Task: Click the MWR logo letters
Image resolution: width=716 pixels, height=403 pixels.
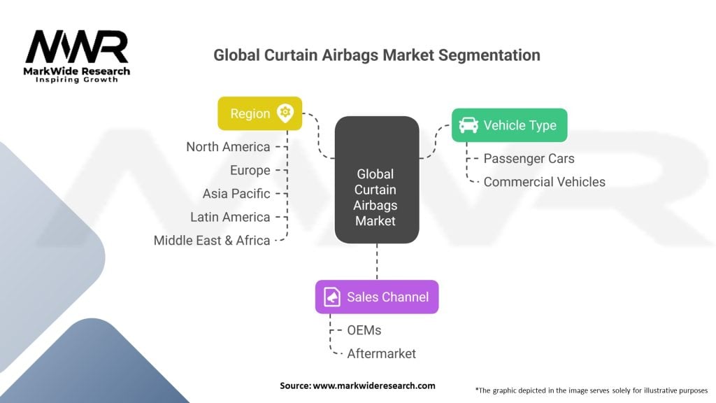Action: [77, 48]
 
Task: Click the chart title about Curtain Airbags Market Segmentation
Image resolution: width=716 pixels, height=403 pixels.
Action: [377, 55]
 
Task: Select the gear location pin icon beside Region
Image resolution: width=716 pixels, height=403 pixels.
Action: [285, 113]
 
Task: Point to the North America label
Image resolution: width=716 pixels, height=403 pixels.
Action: [228, 147]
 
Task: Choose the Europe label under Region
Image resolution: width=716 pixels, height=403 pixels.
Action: [250, 170]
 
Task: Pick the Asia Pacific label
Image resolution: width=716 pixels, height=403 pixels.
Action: [236, 194]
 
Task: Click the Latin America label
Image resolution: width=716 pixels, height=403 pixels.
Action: [230, 217]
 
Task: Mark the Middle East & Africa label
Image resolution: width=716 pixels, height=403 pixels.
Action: [212, 241]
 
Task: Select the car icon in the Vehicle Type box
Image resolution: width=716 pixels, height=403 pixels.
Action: [468, 125]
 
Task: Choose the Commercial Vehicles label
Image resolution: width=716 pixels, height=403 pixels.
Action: [544, 182]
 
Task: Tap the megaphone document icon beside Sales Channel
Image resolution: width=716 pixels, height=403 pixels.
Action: [332, 297]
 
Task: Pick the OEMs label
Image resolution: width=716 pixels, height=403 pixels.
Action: [364, 330]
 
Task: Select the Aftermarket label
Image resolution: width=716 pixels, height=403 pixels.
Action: [381, 353]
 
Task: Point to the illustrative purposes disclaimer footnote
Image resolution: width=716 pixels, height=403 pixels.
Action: [591, 390]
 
